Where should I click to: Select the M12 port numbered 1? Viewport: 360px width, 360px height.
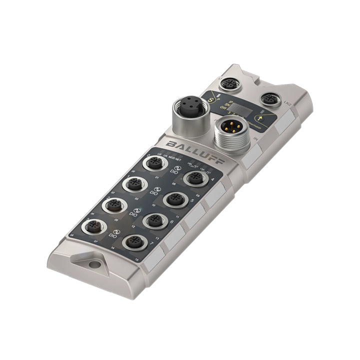tap(133, 184)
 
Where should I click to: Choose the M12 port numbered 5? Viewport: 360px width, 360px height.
tap(174, 199)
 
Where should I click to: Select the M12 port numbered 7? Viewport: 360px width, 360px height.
tap(133, 242)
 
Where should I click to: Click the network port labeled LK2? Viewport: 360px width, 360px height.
tap(270, 98)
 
